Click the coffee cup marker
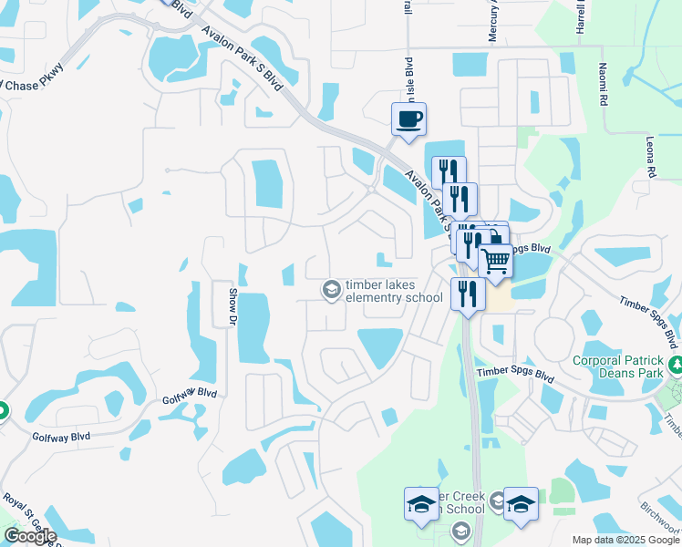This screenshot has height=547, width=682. pyautogui.click(x=408, y=119)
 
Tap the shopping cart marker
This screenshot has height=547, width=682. pyautogui.click(x=495, y=262)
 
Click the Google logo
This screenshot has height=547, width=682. pyautogui.click(x=29, y=536)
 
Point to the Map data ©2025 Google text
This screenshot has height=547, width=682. pyautogui.click(x=625, y=540)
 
